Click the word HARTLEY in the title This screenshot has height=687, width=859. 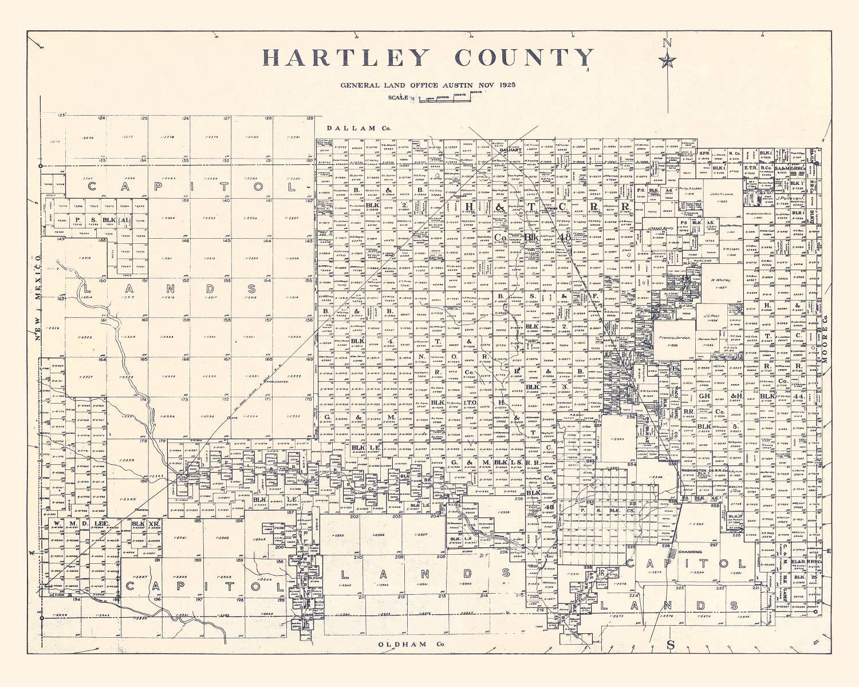346,58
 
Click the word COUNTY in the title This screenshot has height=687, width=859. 524,58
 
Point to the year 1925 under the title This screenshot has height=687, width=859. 507,85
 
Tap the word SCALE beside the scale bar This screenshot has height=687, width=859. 398,97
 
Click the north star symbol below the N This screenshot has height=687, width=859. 667,60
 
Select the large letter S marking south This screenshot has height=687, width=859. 671,645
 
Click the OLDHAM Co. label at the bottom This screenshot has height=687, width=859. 411,645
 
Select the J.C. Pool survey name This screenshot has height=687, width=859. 711,315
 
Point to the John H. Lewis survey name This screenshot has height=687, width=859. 722,195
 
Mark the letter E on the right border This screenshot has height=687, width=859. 829,551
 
